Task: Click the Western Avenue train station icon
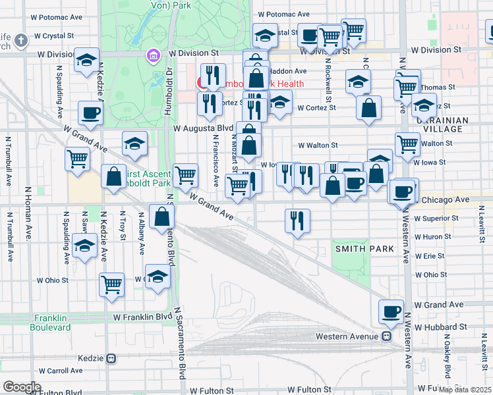[388, 336]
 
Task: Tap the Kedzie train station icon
[111, 359]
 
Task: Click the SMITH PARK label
[364, 249]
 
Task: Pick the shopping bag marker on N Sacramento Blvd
[162, 217]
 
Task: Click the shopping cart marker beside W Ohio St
[112, 285]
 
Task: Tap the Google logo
[22, 387]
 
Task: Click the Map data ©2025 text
[465, 390]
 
